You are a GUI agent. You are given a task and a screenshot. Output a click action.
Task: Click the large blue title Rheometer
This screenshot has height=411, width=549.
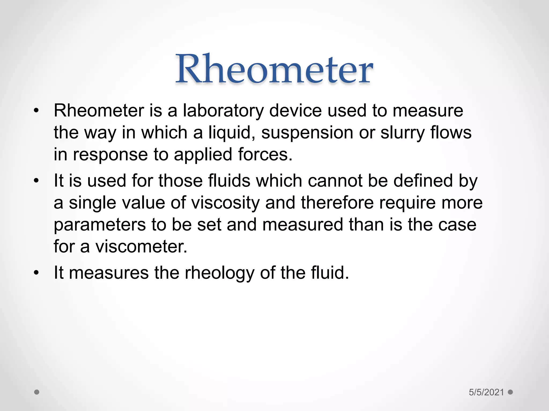[274, 69]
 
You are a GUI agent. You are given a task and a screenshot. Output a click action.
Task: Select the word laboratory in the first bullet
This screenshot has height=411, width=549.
[223, 111]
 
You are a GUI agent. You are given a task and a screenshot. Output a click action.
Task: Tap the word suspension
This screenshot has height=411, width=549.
[307, 133]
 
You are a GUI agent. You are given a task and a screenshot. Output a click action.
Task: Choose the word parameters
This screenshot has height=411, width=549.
[100, 225]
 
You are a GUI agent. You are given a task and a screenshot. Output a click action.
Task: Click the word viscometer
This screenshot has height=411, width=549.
[141, 246]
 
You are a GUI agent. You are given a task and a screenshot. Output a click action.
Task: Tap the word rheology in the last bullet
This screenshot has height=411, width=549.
[219, 273]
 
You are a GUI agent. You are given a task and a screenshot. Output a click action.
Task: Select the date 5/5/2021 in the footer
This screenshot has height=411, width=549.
[486, 392]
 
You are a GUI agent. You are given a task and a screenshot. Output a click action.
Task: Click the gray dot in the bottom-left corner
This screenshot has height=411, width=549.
[37, 392]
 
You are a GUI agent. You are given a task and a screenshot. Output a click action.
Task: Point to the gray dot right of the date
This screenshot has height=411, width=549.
[510, 392]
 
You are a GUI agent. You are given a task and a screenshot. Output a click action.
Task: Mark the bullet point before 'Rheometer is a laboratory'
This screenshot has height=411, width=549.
[36, 111]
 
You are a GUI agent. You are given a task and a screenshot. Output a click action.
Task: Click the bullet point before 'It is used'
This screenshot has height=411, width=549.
[36, 181]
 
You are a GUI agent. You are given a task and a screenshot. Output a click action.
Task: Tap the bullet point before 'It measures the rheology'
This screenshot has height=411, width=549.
[36, 273]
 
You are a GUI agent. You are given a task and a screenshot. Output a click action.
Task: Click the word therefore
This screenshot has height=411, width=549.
[337, 203]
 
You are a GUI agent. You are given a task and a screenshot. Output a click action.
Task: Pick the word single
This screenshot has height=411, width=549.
[92, 203]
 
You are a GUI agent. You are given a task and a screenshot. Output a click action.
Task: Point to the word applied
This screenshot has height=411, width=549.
[203, 155]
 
